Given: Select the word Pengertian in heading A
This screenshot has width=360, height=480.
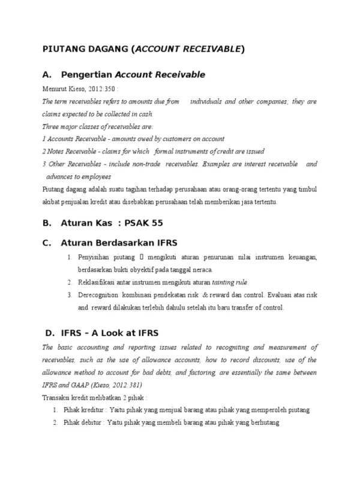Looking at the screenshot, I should [x=86, y=75].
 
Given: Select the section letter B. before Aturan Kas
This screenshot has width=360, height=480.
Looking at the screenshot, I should [x=46, y=223].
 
